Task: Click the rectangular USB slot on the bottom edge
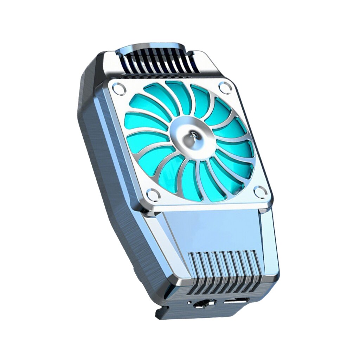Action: pyautogui.click(x=237, y=301)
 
